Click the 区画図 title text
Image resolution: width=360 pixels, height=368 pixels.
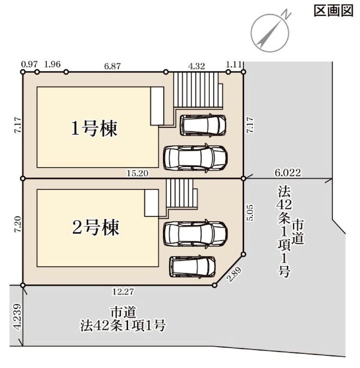point(333,11)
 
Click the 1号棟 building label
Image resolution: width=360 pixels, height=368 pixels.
point(95,129)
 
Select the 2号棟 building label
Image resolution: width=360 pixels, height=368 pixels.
point(95,227)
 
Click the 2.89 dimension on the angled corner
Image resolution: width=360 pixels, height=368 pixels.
point(234,271)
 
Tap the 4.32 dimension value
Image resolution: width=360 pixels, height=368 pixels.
point(197,65)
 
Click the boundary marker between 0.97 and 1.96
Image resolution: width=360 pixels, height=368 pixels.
point(37,72)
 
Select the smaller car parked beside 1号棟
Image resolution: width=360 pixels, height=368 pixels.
point(203,125)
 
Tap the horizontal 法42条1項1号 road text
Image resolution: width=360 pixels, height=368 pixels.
point(123,325)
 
